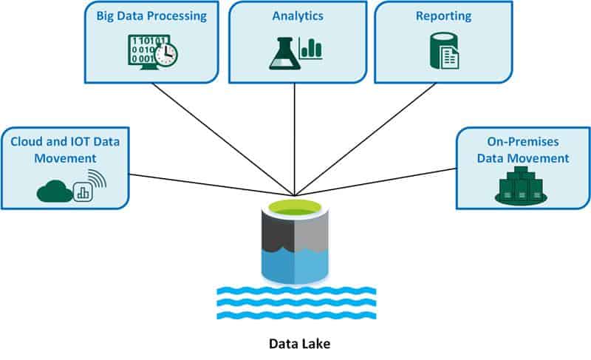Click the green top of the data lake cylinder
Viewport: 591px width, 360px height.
coord(295,208)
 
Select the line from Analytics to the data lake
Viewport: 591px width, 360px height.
coord(295,140)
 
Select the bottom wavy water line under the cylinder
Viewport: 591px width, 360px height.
coord(295,316)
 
